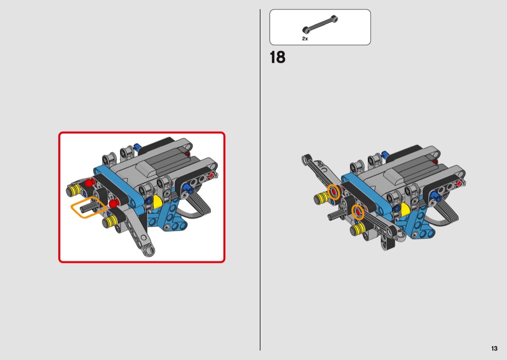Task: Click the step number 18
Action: click(278, 57)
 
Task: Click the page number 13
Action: click(494, 348)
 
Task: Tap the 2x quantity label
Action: click(305, 39)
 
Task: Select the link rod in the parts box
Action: click(320, 24)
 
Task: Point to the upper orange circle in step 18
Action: click(334, 192)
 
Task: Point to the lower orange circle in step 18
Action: click(358, 212)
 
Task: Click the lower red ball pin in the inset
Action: click(113, 204)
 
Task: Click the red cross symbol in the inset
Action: click(211, 176)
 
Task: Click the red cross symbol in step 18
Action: click(459, 183)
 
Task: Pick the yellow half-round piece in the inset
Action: click(157, 201)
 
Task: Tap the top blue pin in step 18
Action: click(385, 154)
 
